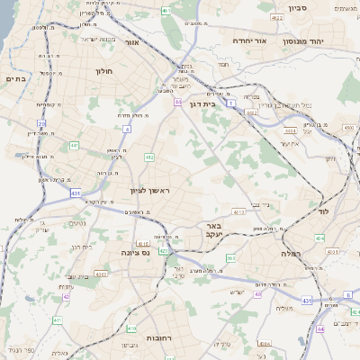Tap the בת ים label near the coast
tap(17, 79)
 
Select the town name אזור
tap(132, 42)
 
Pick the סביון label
tap(298, 8)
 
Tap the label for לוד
tap(324, 211)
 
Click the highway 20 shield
tap(41, 123)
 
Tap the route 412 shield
tap(149, 157)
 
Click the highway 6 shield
tap(347, 295)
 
